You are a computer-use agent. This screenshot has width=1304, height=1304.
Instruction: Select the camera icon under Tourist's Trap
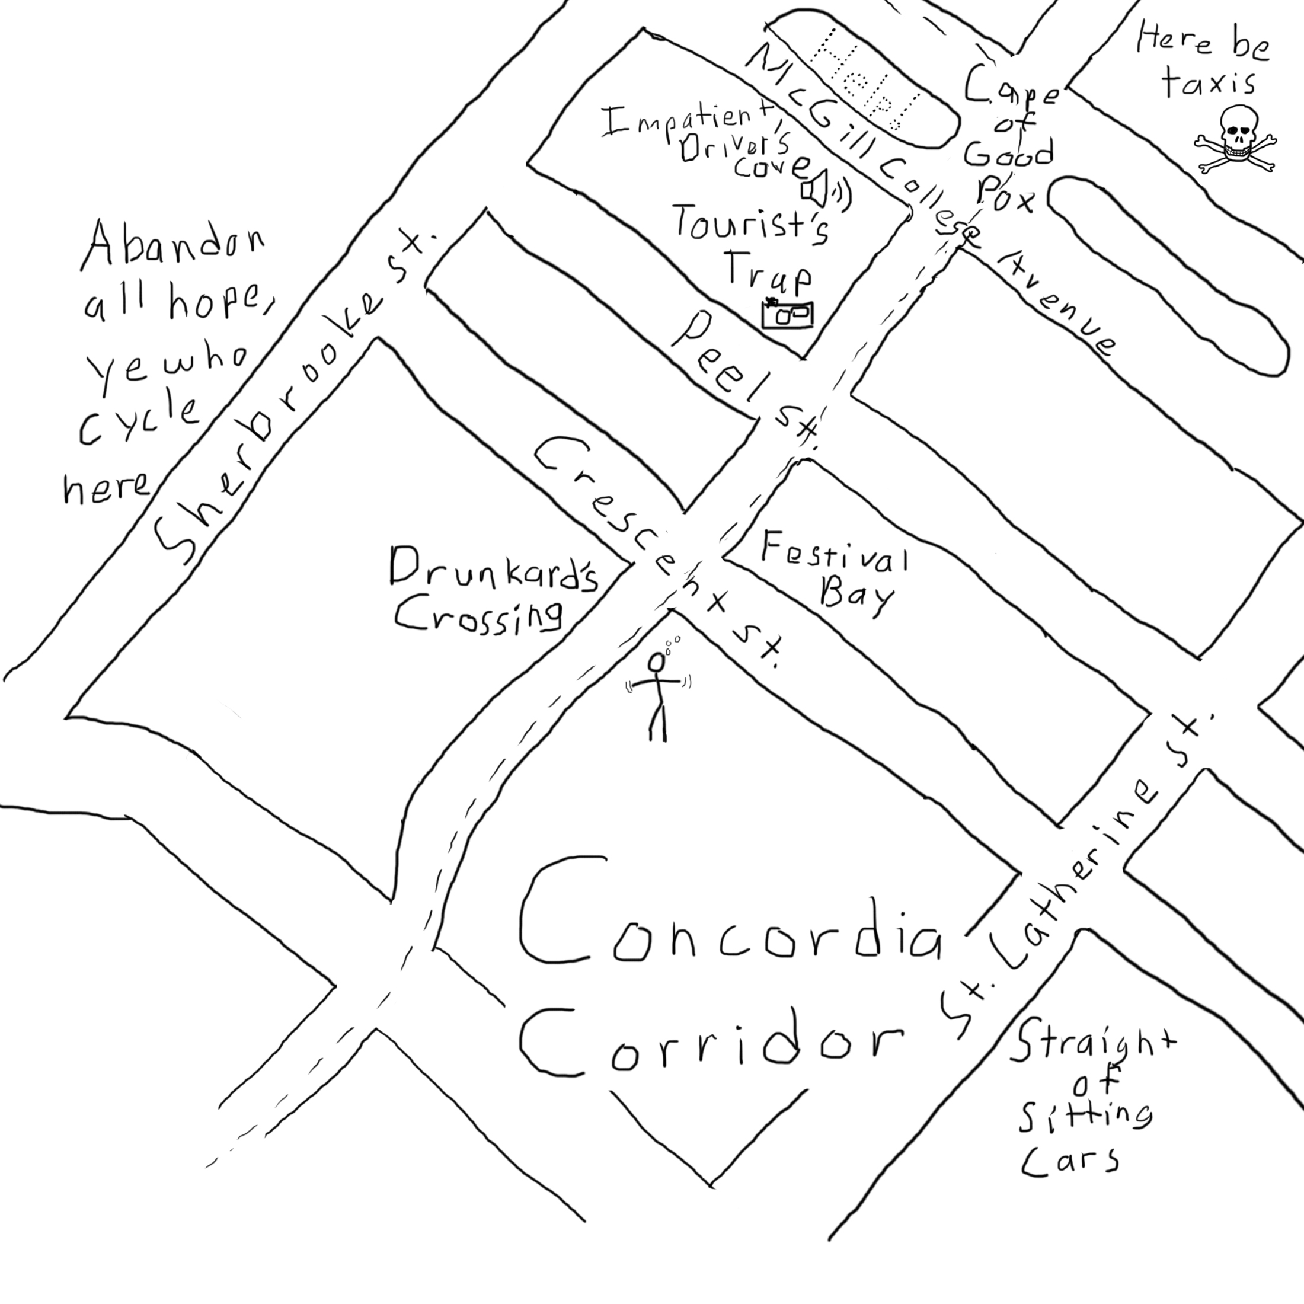pos(787,314)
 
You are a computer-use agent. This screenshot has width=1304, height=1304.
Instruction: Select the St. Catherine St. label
pos(1073,877)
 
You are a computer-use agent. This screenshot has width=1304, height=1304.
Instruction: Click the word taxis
pos(1208,84)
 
